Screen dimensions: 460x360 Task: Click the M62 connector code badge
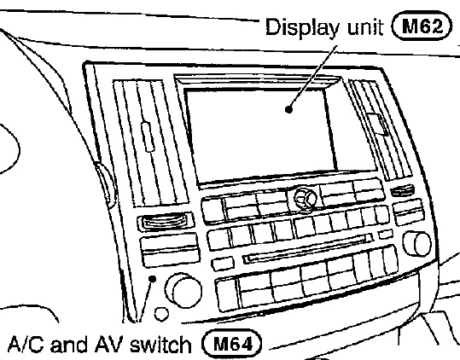click(422, 26)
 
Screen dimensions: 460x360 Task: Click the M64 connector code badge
click(232, 343)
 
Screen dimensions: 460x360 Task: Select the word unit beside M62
click(365, 27)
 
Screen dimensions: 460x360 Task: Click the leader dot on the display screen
click(289, 109)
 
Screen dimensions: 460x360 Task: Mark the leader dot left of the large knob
click(152, 278)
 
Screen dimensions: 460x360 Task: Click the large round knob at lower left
click(183, 290)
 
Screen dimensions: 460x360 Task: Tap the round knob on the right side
click(417, 243)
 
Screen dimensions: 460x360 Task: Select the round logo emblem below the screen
click(306, 198)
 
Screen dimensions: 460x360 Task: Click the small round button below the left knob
click(161, 314)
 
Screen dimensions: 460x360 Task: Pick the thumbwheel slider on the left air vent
click(148, 136)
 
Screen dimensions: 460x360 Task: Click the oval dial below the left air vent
click(165, 221)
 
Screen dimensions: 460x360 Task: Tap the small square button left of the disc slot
click(223, 264)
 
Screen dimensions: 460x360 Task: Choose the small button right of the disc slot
click(385, 235)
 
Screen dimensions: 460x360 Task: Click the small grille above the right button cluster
click(403, 190)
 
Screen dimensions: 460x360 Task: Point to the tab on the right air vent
click(378, 125)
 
